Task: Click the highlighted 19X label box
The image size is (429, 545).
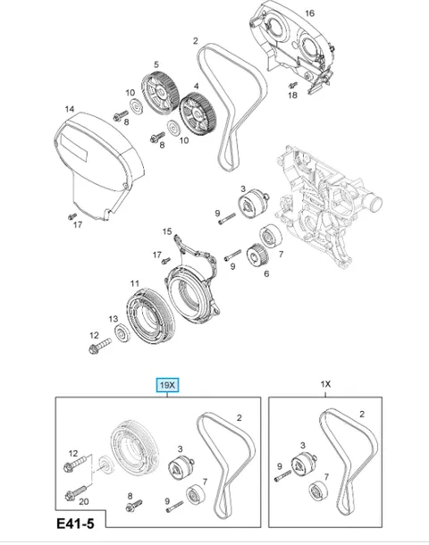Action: tap(167, 385)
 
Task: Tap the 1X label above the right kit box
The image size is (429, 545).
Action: tap(325, 384)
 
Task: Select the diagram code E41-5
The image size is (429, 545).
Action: tap(75, 524)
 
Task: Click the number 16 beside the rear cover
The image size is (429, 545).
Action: tap(309, 13)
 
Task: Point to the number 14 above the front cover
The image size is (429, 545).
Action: tap(70, 109)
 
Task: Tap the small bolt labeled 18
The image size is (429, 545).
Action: tap(293, 85)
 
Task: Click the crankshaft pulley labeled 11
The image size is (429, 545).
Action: tap(150, 315)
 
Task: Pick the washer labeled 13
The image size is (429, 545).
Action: tap(122, 333)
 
